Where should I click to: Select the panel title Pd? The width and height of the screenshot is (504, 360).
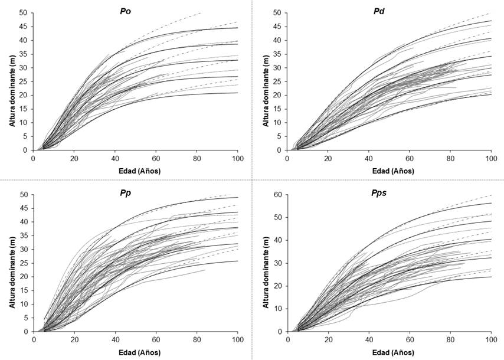389,9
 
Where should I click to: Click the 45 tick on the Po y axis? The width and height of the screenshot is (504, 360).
22,27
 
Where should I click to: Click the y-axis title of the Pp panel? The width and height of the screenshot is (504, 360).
11,263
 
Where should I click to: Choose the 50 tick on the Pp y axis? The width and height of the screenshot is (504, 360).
22,195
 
